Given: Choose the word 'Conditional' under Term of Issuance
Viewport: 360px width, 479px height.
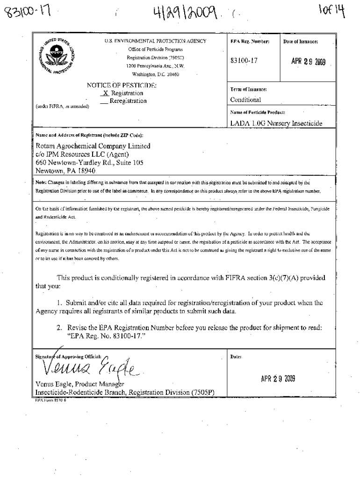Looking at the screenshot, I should click(x=245, y=100).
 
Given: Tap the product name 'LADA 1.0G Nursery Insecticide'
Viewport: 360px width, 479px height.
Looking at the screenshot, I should click(x=276, y=123).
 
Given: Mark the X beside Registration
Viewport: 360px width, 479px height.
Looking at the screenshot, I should click(x=106, y=94).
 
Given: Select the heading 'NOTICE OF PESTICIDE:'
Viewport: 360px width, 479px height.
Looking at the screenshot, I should click(x=122, y=86).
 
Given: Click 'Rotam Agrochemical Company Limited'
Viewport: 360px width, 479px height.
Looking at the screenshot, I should click(x=93, y=146).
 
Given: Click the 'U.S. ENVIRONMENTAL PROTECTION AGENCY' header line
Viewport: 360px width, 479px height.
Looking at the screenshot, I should click(x=156, y=41).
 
